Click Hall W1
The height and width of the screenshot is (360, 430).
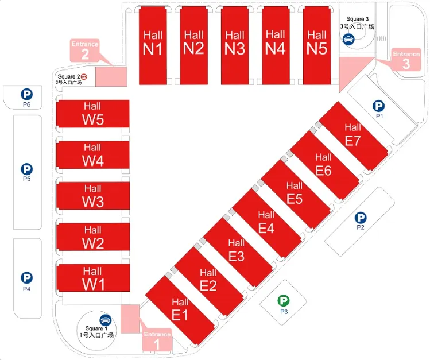pyautogui.click(x=92, y=279)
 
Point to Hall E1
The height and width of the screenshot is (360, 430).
pyautogui.click(x=180, y=309)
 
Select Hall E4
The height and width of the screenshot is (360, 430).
pyautogui.click(x=266, y=222)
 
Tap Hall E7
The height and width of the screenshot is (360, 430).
pyautogui.click(x=353, y=134)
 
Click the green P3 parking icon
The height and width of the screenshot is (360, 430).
pyautogui.click(x=284, y=300)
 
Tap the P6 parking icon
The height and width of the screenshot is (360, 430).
pyautogui.click(x=26, y=94)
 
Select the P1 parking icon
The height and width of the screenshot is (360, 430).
pyautogui.click(x=378, y=106)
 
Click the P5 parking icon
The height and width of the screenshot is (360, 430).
pyautogui.click(x=26, y=169)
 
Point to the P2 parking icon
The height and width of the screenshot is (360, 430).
pyautogui.click(x=361, y=218)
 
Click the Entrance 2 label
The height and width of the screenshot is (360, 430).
pyautogui.click(x=85, y=51)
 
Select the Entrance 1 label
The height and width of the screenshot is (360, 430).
pyautogui.click(x=157, y=340)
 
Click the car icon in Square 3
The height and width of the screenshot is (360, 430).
pyautogui.click(x=348, y=40)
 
